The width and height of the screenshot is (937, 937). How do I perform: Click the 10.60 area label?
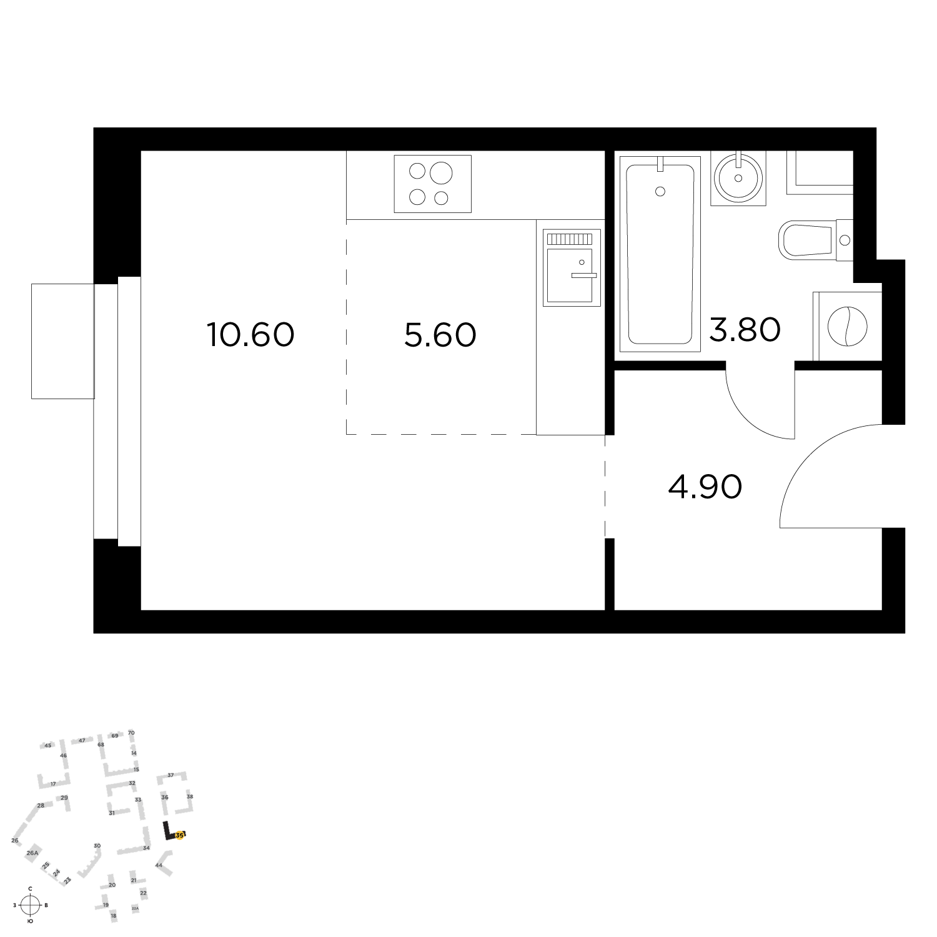coord(250,335)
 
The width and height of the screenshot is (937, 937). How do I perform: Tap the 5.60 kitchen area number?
coord(440,335)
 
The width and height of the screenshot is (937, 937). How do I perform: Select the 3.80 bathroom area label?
coord(745,329)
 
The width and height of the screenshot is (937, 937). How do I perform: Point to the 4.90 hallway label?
coord(705,487)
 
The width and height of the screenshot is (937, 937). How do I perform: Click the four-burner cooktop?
coord(432,184)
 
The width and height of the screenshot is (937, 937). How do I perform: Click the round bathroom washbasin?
coord(738,177)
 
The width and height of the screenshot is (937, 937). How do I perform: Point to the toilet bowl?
coord(806,239)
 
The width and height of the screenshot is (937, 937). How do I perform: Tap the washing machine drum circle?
coord(848,325)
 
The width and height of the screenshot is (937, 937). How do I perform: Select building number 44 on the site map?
coord(159,865)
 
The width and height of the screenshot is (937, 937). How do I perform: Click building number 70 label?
coord(131,733)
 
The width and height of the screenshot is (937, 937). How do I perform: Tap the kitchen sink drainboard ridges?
coord(570,239)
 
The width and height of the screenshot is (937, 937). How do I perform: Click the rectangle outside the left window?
coord(62,340)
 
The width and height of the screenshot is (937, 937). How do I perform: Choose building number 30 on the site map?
coord(97,846)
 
